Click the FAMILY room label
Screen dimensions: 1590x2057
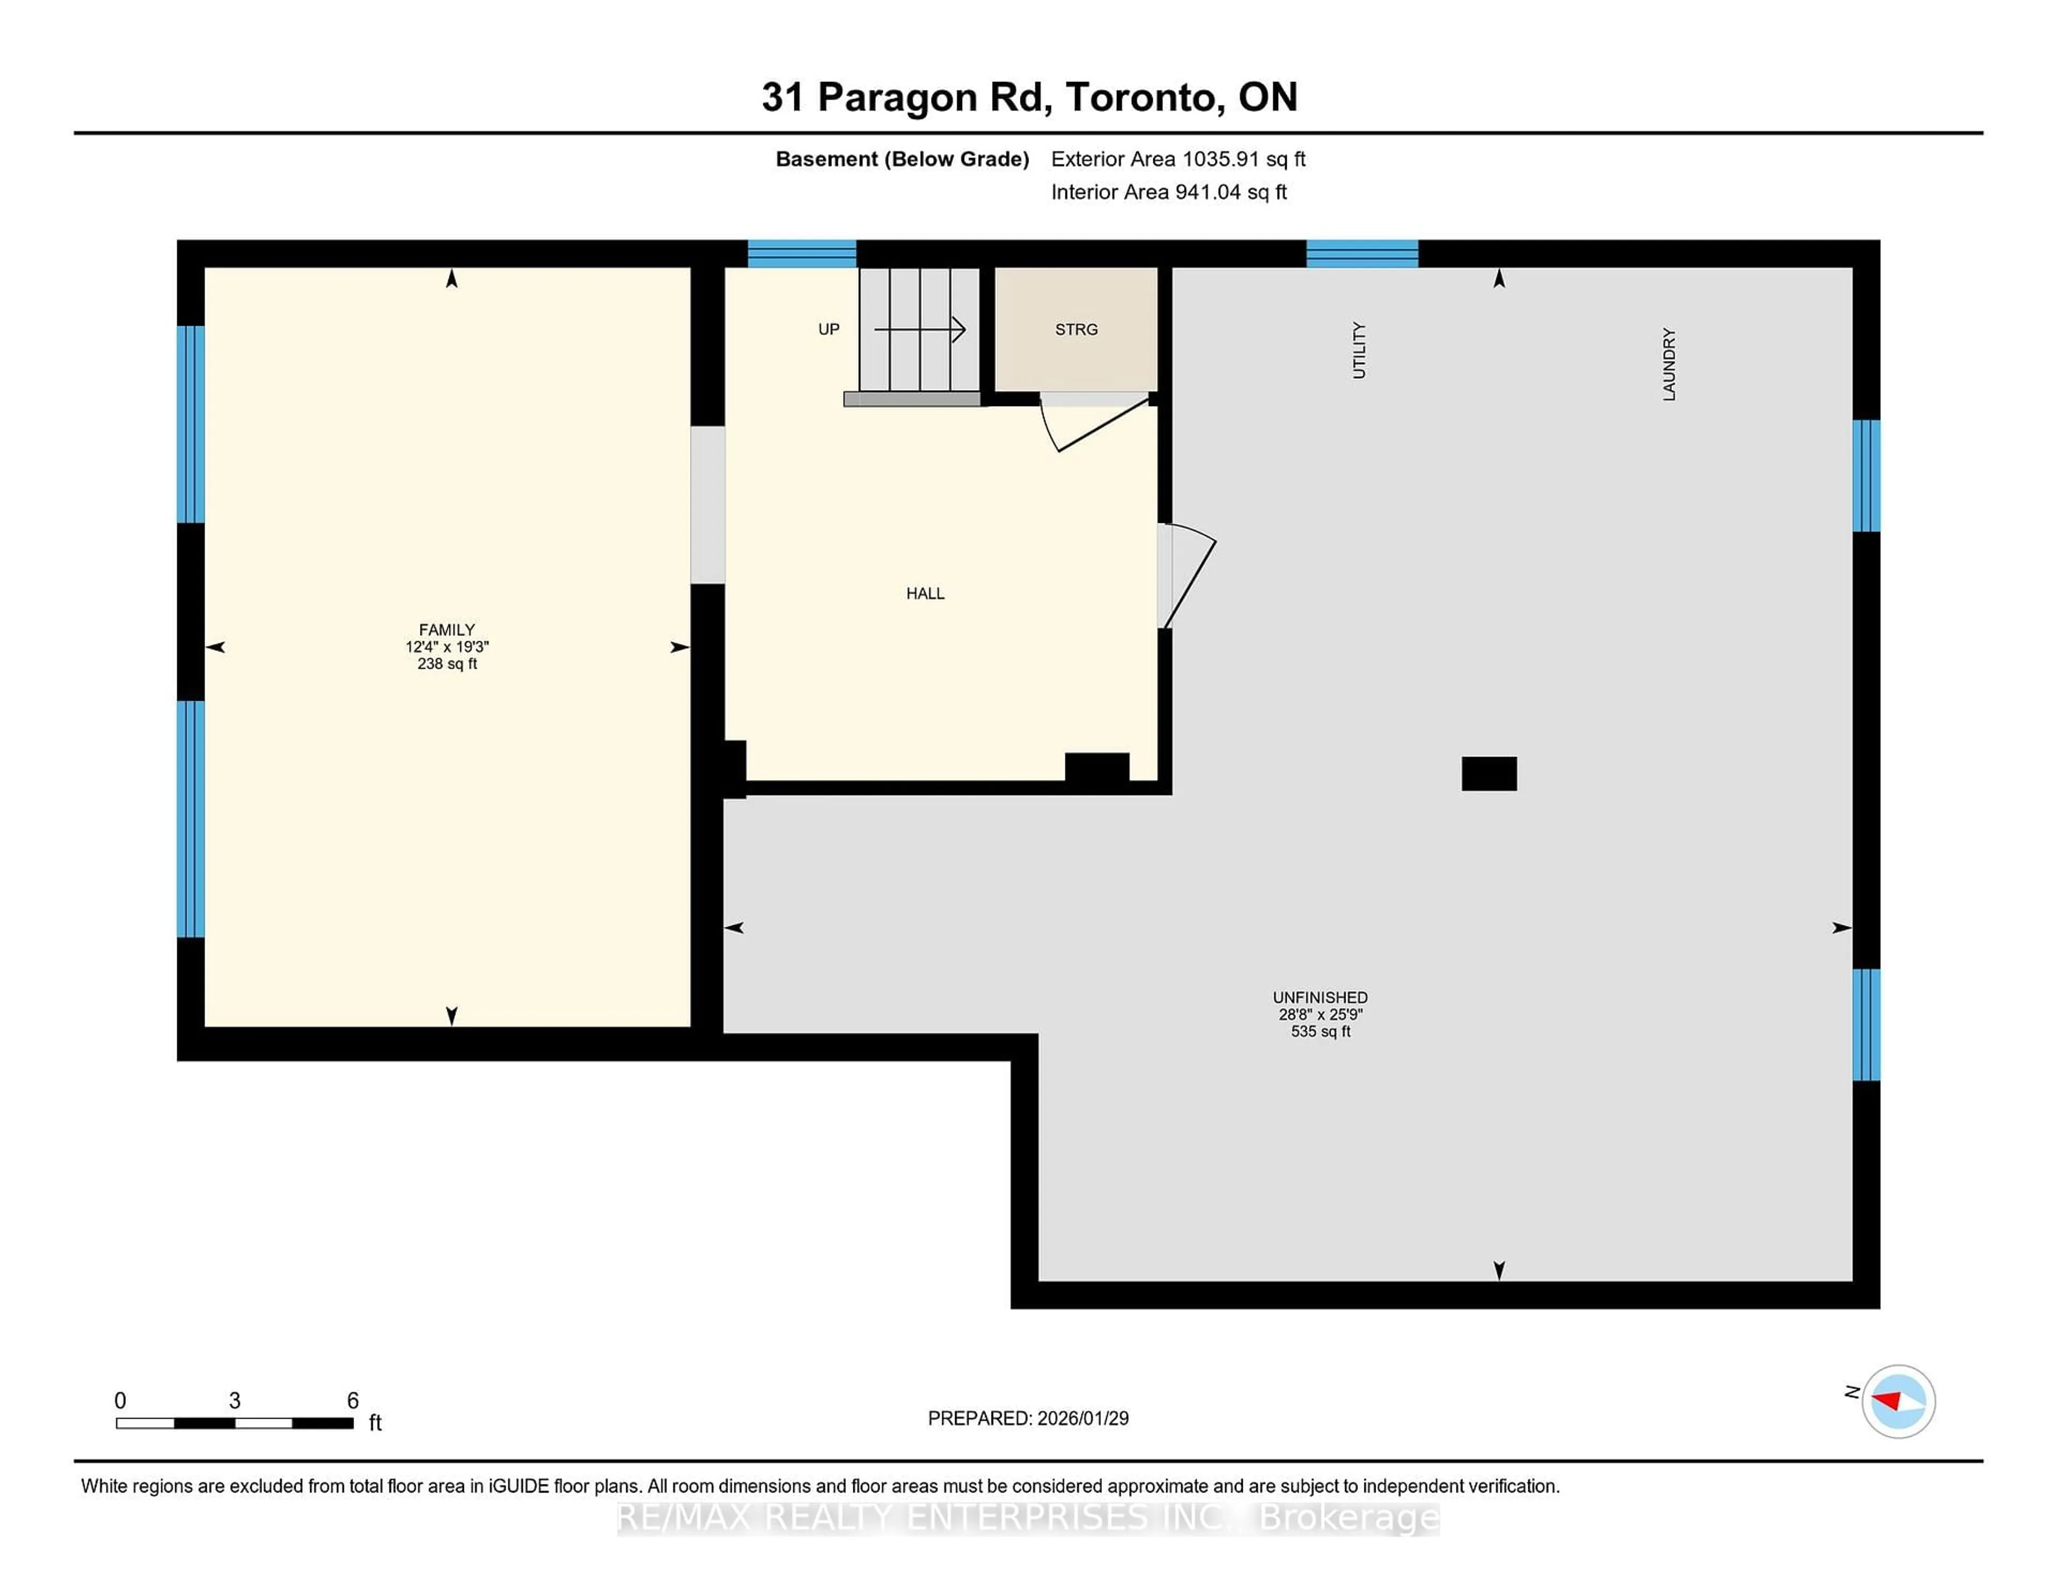446,629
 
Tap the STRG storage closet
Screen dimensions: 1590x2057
1076,329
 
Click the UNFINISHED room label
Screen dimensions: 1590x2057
1319,997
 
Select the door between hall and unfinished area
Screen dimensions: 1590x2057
1185,575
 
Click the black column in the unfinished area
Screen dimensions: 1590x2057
1488,774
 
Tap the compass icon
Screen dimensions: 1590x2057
1898,1401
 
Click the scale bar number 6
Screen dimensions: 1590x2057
352,1401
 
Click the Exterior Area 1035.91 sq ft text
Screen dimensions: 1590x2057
1177,159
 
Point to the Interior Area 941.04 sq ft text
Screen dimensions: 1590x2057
1168,192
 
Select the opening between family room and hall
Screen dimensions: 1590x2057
707,505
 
